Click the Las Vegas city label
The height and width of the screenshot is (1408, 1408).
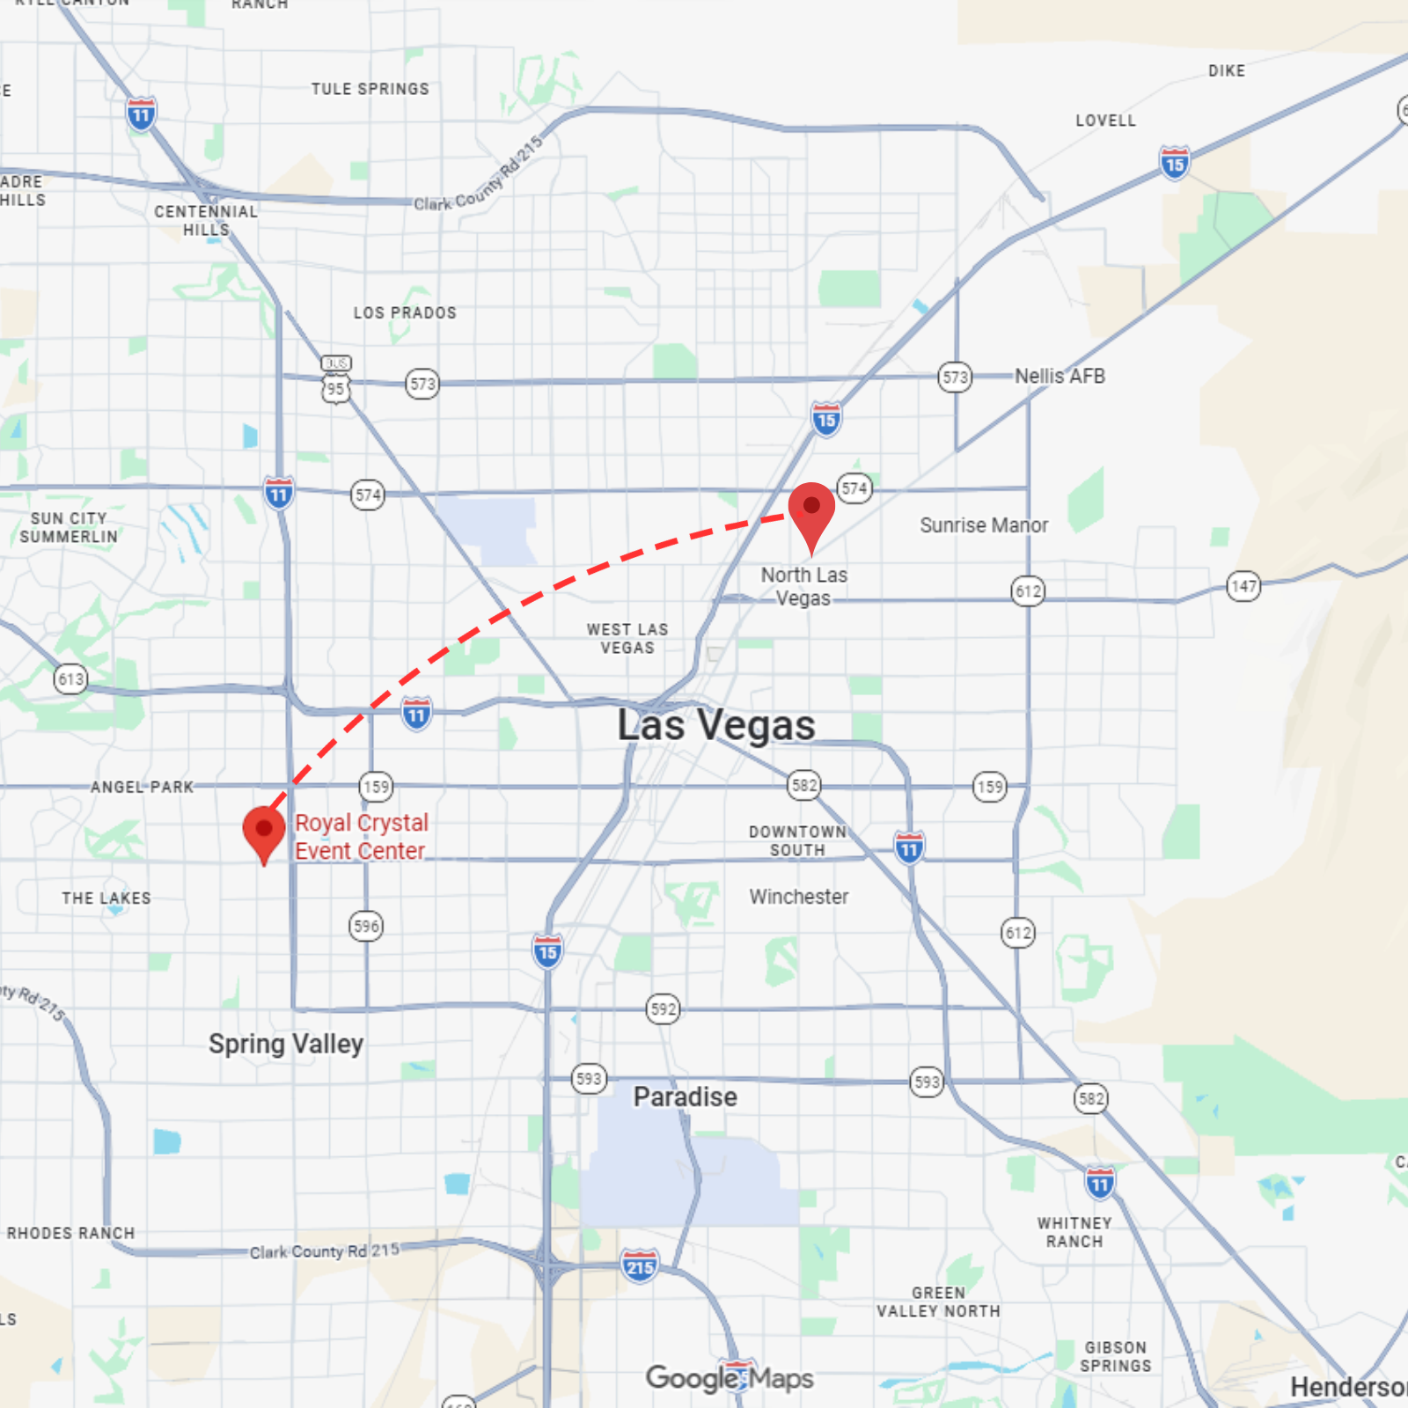(715, 726)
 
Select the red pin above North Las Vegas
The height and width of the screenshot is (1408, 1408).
(811, 511)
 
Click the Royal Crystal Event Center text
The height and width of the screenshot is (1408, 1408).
(361, 837)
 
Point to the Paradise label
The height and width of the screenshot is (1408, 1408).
(685, 1096)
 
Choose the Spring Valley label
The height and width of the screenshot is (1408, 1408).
(286, 1044)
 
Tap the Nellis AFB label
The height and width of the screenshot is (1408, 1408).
(1060, 377)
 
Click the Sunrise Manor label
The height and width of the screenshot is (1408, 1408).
(984, 525)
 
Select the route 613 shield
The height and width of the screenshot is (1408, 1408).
(71, 678)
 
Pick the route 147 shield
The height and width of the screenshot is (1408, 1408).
(1243, 586)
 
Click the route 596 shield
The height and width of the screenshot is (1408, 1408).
(366, 926)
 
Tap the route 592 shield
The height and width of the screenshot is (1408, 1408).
(664, 1008)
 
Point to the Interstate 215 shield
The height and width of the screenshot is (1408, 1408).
(640, 1266)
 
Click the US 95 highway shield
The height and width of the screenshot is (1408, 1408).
(336, 388)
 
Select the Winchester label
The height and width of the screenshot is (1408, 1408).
(799, 897)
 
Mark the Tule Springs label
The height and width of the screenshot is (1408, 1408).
(370, 89)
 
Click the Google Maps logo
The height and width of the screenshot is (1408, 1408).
(730, 1378)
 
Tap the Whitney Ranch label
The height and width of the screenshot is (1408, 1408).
(1074, 1232)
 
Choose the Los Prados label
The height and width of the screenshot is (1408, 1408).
(405, 313)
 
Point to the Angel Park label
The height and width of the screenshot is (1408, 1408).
(143, 787)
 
